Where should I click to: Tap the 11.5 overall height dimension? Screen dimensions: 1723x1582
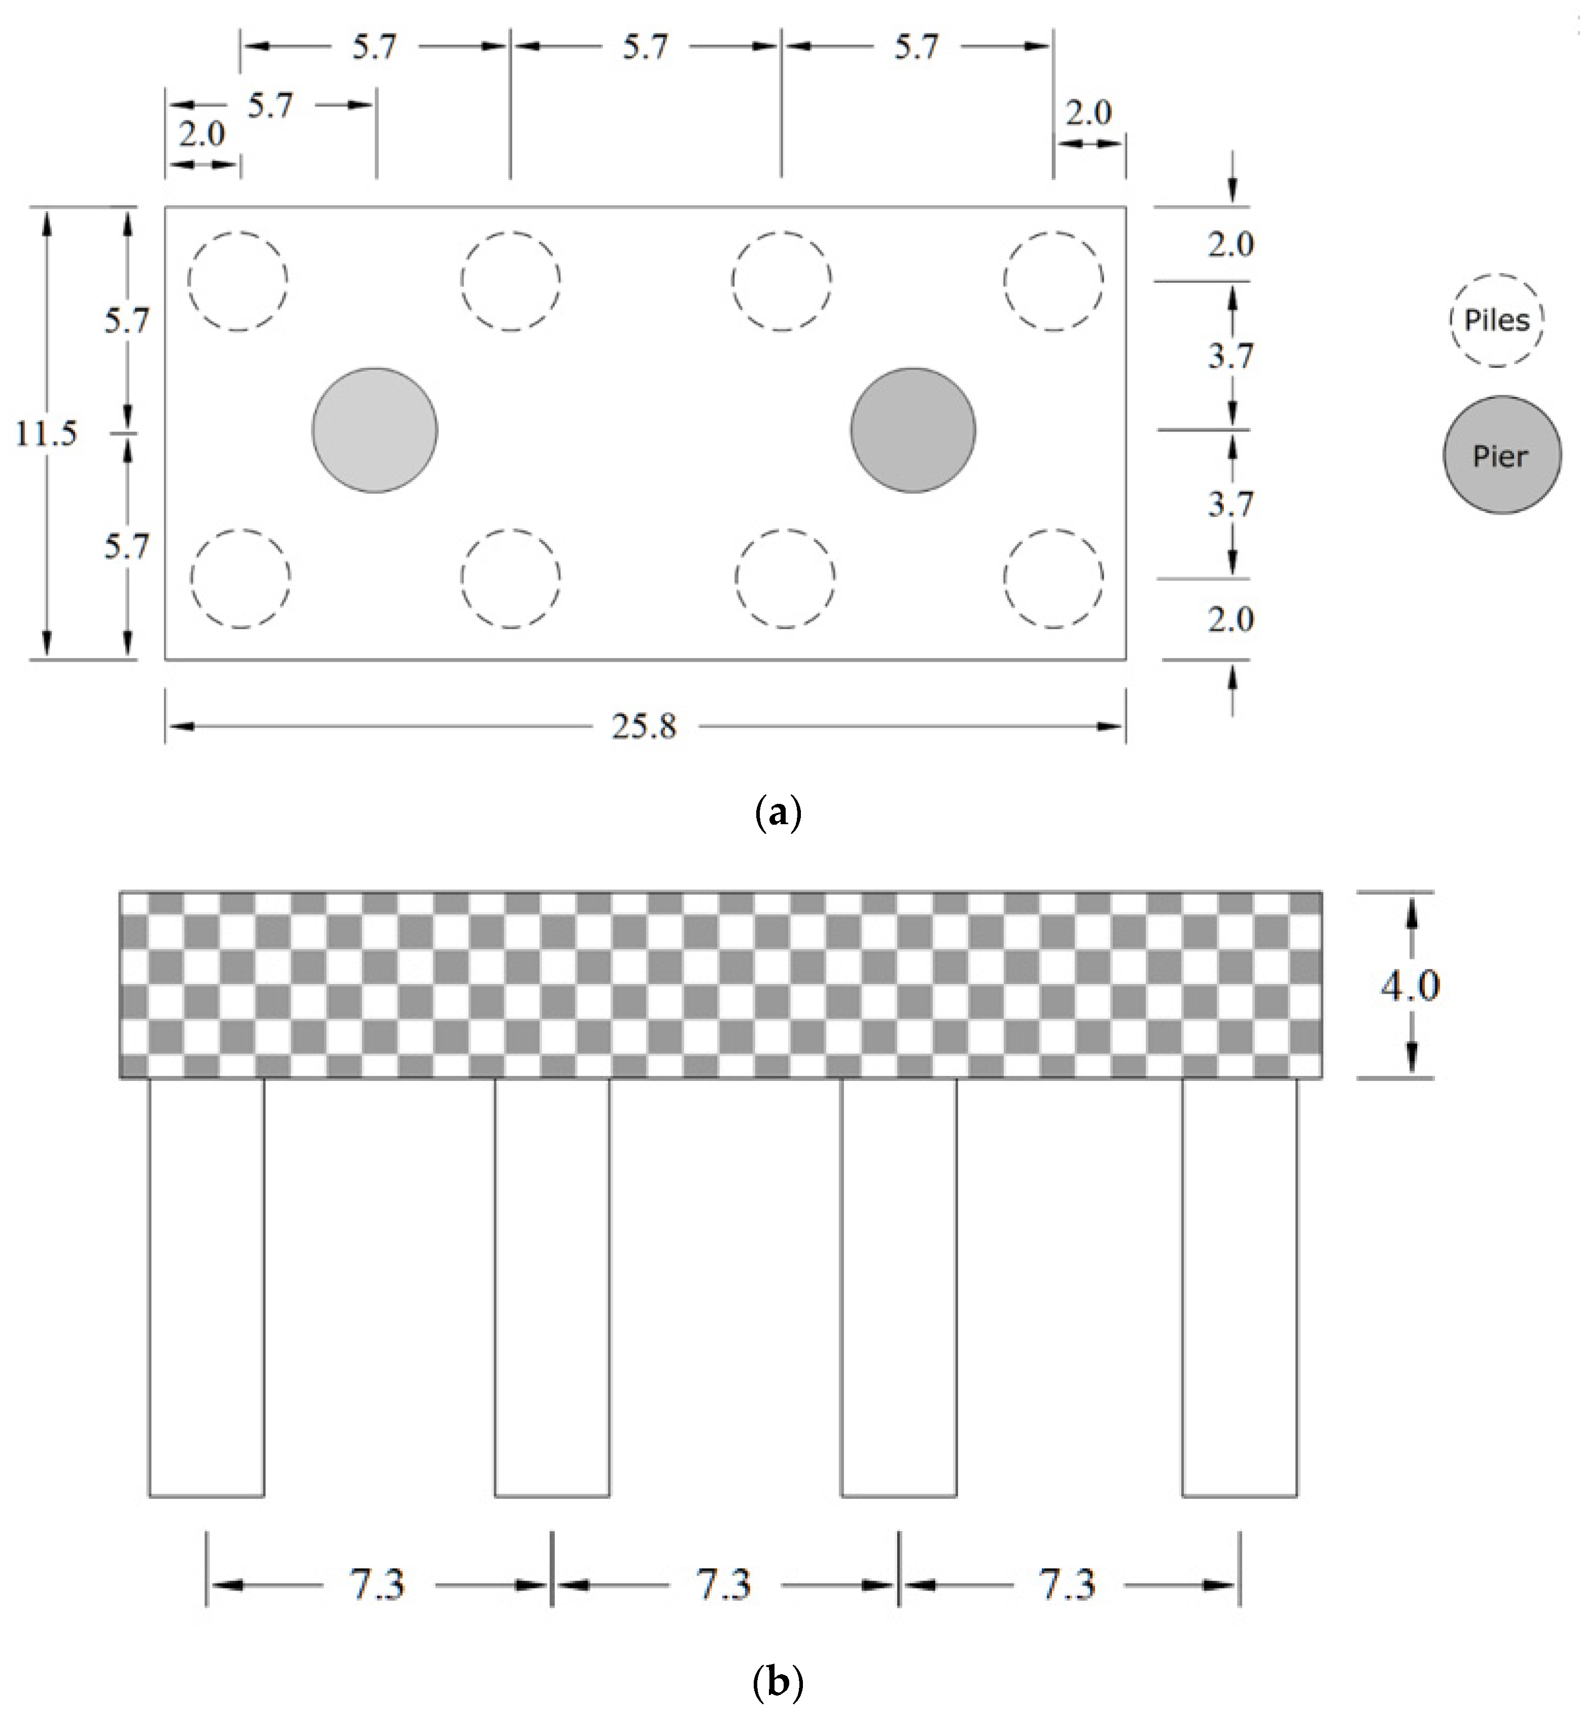(46, 433)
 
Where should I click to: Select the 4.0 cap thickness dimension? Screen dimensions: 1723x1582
(1410, 986)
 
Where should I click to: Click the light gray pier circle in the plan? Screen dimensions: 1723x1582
(375, 430)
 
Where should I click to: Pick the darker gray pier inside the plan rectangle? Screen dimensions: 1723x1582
(912, 430)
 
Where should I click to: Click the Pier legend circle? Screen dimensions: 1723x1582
(1501, 455)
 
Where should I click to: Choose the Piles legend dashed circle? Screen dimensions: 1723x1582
(1496, 320)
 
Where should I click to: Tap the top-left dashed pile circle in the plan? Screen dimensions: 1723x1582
(238, 280)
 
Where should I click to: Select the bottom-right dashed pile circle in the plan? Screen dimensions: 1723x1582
(1053, 578)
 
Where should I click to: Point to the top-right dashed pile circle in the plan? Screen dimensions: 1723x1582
(1053, 280)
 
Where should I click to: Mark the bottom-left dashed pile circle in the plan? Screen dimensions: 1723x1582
(240, 578)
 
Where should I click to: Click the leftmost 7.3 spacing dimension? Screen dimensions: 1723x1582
(377, 1584)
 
